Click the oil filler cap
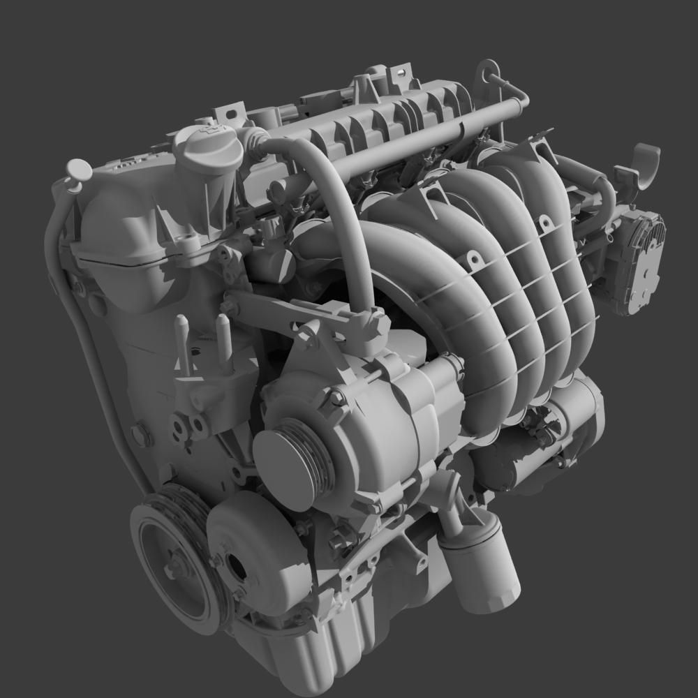[x=207, y=148]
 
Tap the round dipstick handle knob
[x=78, y=170]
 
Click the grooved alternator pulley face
[x=290, y=461]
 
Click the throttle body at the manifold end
[x=637, y=261]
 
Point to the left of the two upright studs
[x=182, y=342]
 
